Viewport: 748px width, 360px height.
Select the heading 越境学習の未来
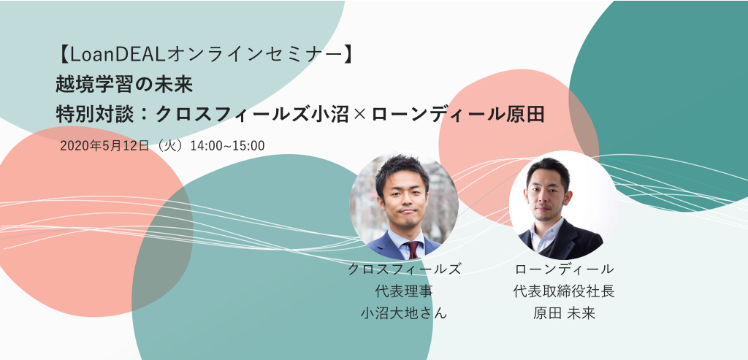click(124, 85)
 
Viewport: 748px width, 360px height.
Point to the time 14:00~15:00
click(228, 146)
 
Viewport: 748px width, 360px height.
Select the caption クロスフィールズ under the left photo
click(405, 269)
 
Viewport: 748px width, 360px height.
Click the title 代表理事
click(405, 291)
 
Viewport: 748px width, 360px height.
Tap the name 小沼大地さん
click(405, 313)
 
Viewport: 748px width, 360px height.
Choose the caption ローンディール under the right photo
click(564, 269)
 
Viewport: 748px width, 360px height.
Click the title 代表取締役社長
click(564, 291)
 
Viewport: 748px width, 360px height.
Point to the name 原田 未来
click(564, 313)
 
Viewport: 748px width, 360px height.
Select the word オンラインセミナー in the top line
click(252, 55)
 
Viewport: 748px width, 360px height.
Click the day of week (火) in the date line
click(169, 146)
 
